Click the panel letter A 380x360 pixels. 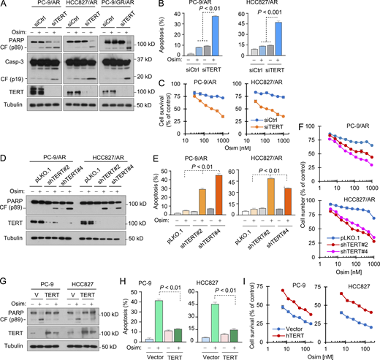(x=5, y=6)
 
